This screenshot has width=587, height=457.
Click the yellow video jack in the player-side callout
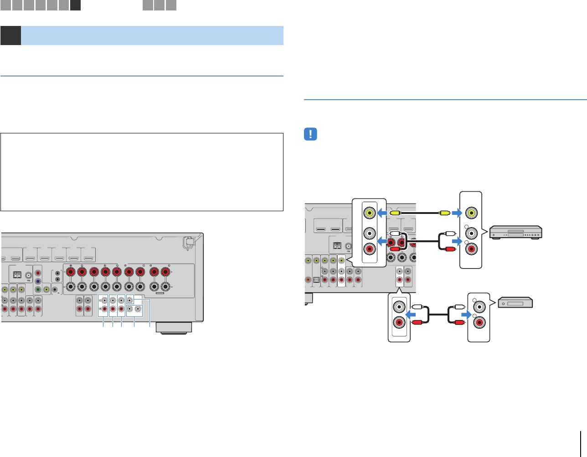click(474, 212)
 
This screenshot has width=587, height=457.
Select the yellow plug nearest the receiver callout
click(395, 212)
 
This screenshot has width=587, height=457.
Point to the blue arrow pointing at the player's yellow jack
click(458, 212)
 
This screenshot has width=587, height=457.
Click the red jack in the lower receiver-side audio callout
click(399, 323)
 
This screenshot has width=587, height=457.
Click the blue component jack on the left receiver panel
click(38, 281)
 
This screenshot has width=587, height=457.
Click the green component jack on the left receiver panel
click(38, 289)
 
